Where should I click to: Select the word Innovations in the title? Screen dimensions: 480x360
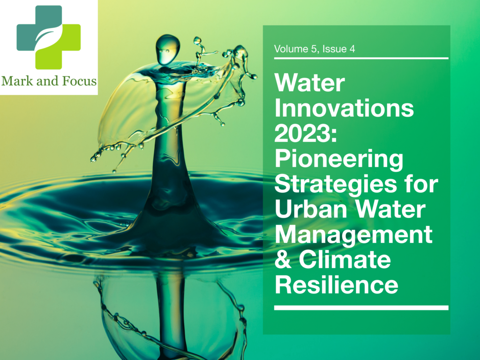344,108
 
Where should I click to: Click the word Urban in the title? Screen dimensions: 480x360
311,209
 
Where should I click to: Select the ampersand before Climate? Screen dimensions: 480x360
283,260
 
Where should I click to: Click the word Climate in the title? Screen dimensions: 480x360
345,260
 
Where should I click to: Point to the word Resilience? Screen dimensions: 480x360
337,285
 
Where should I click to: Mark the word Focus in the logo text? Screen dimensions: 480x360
79,81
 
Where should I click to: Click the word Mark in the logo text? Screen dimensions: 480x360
17,81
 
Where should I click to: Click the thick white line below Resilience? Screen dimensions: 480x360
361,308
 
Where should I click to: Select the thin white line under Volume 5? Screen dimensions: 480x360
361,58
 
